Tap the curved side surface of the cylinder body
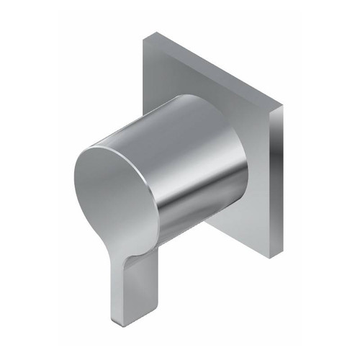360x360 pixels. (x=194, y=158)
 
